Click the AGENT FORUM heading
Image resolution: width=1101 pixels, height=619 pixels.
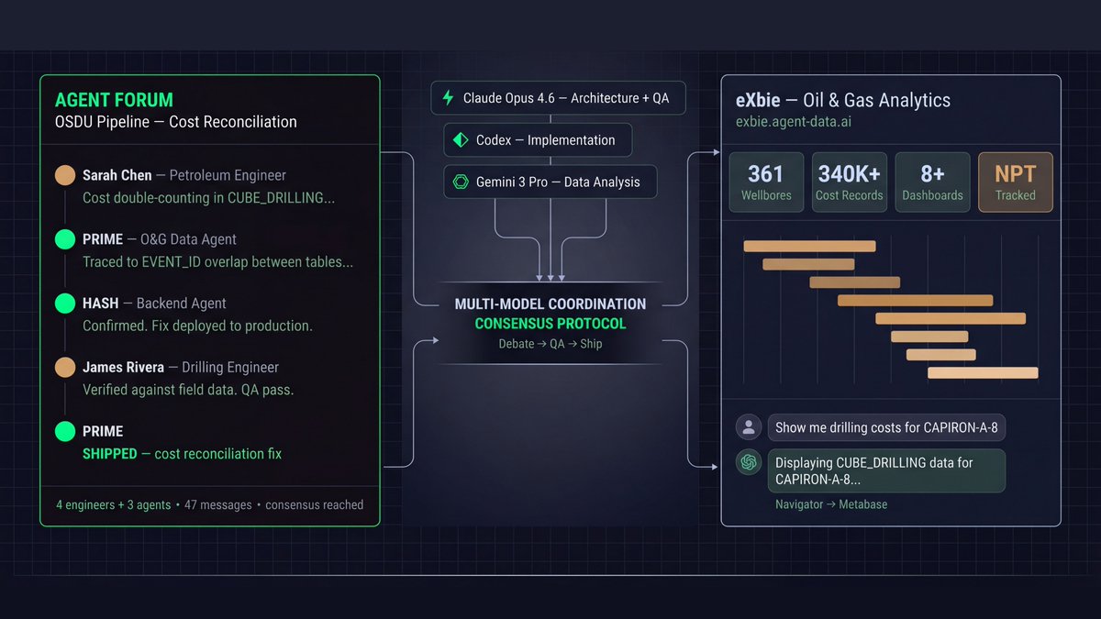tap(114, 100)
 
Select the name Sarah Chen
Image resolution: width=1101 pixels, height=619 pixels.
tap(117, 175)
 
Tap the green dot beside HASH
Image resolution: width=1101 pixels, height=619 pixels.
tap(65, 304)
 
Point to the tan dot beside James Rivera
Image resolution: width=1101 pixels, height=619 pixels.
tap(65, 368)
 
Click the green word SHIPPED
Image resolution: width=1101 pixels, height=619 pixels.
tap(109, 454)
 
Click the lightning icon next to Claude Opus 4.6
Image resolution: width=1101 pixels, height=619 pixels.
tap(448, 98)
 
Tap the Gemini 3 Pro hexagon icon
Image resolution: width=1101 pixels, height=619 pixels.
tap(461, 182)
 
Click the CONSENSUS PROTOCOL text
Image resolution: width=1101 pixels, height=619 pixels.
tap(550, 324)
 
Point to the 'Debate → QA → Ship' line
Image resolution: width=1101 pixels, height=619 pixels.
tap(550, 344)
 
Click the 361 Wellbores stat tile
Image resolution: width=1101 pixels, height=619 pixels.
tap(766, 182)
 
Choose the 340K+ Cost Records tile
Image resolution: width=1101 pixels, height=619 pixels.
tap(849, 182)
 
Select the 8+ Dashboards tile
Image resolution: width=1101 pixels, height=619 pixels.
tap(932, 182)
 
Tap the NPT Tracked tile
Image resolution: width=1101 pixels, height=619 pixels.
tap(1015, 182)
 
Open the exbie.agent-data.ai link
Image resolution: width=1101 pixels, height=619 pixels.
tap(794, 121)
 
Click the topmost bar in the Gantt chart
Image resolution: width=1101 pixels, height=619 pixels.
tap(809, 246)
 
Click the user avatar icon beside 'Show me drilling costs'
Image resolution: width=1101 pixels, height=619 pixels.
tap(749, 426)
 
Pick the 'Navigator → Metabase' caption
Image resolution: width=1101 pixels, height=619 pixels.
tap(830, 504)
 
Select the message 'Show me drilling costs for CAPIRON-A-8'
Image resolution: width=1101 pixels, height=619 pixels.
tap(886, 427)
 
